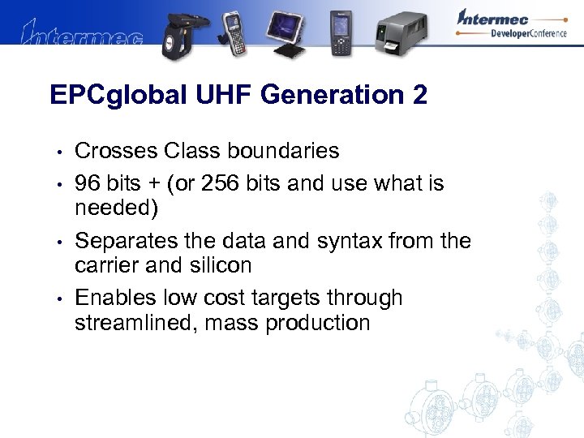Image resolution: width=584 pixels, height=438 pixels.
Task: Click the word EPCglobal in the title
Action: click(x=115, y=96)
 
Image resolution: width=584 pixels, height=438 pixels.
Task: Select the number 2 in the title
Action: click(x=419, y=95)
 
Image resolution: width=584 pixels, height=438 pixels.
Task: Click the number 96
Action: click(x=88, y=183)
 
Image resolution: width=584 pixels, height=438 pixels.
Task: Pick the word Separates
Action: click(x=124, y=241)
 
